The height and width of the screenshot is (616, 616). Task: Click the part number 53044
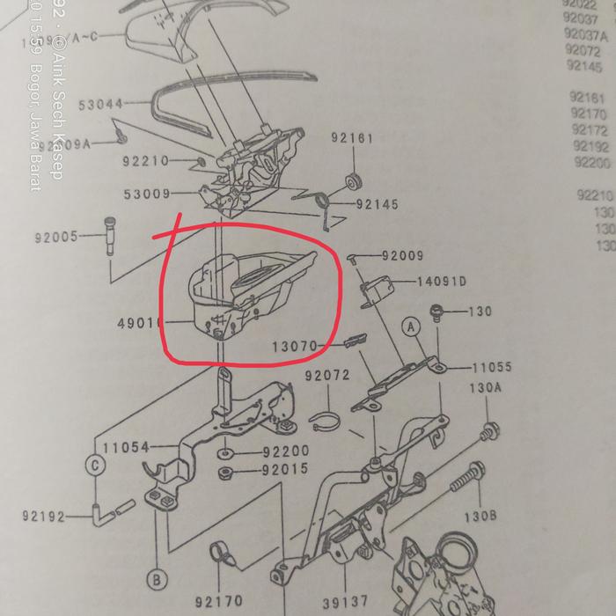coord(101,104)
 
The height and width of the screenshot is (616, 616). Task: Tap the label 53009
coord(145,194)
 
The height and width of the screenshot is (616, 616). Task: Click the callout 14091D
coord(442,282)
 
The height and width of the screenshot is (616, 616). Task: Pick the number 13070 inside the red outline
coord(293,348)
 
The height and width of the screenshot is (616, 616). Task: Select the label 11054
coord(126,448)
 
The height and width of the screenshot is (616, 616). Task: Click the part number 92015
coord(285,469)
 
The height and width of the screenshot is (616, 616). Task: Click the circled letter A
coord(410,325)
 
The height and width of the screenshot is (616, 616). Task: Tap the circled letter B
coord(156,580)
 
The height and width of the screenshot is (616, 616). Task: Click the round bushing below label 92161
coord(355,182)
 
